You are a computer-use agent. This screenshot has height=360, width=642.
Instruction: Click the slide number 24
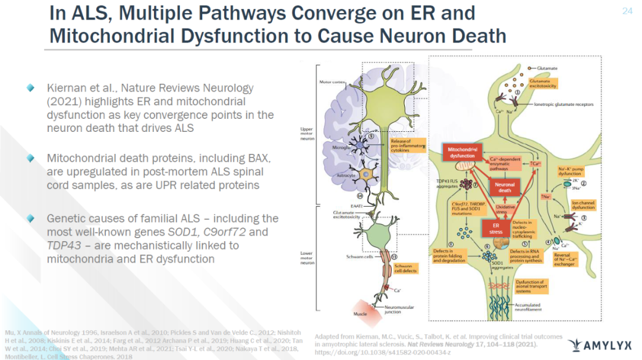coord(627,11)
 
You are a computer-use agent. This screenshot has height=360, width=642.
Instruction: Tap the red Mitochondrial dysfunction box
coord(462,153)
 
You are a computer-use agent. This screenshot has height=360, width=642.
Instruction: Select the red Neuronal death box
coord(505,187)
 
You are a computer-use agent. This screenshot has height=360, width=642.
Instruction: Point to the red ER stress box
coord(496,228)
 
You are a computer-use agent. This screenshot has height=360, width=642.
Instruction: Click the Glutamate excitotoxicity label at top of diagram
coord(544,84)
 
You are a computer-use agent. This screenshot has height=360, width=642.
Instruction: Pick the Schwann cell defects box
coord(405,268)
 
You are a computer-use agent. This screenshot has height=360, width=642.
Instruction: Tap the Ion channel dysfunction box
coord(584,206)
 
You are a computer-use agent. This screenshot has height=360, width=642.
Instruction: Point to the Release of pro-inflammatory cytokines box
coord(407,145)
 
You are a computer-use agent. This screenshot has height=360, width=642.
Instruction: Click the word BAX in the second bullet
coord(257,159)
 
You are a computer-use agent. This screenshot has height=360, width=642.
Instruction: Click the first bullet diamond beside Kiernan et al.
coord(30,88)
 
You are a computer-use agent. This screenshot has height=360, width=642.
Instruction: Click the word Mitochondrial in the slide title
coord(108,36)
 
